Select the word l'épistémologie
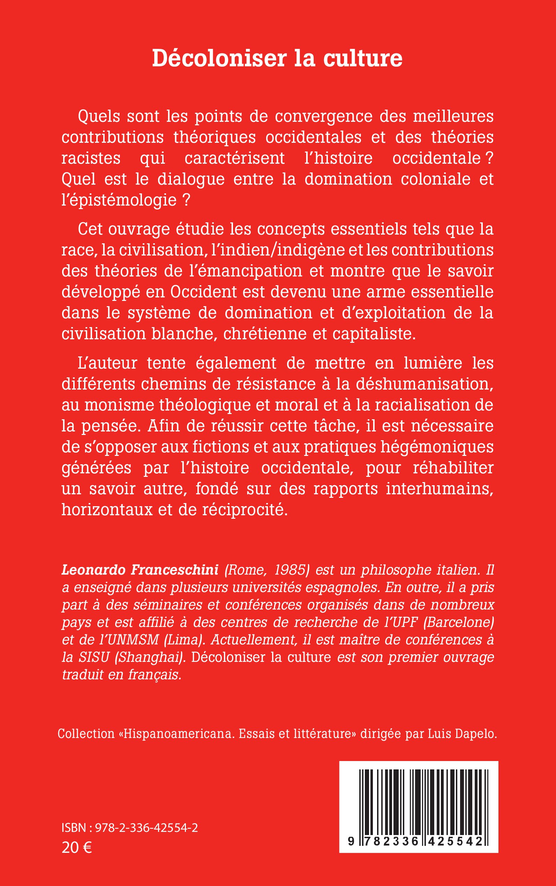119,200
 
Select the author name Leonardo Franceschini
140,570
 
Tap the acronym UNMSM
130,640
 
